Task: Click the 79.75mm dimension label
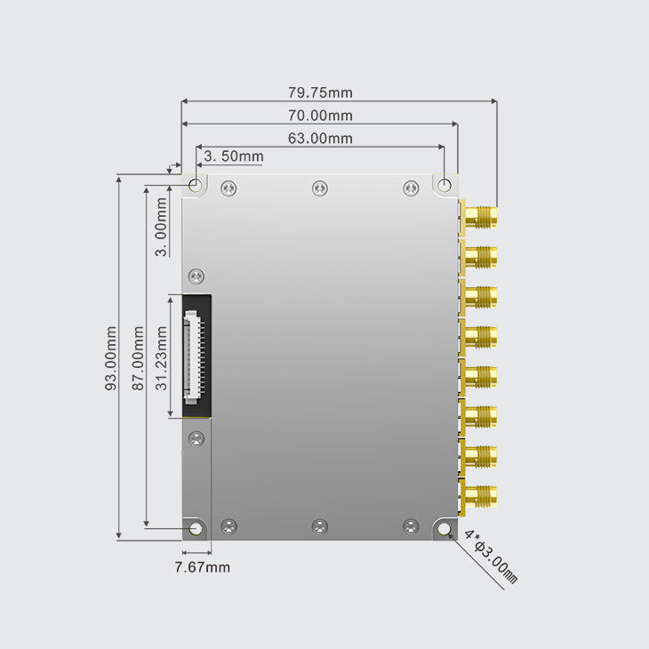[x=320, y=92]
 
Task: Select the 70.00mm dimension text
[x=320, y=116]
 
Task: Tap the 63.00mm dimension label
[x=320, y=139]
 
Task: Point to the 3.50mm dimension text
[x=233, y=157]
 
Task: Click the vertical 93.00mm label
[x=111, y=358]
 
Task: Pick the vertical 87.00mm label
[x=138, y=358]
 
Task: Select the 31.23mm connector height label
[x=162, y=358]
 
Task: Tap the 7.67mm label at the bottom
[x=201, y=567]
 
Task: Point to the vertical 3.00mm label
[x=161, y=227]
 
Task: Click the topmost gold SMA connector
[x=480, y=217]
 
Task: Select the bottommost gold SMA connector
[x=480, y=497]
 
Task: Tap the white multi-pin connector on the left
[x=192, y=356]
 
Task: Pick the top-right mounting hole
[x=445, y=185]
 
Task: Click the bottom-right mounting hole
[x=444, y=530]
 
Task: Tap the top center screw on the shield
[x=320, y=188]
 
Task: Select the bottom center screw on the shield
[x=320, y=526]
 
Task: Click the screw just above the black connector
[x=196, y=276]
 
